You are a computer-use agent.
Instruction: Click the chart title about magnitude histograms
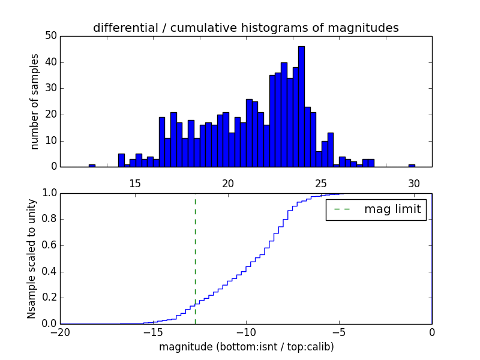coord(245,28)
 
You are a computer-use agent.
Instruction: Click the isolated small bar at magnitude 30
coord(412,166)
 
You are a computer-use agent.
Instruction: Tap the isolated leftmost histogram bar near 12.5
coord(92,166)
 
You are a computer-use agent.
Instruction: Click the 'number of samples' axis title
coord(35,101)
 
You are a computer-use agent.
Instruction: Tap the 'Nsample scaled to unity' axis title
coord(32,258)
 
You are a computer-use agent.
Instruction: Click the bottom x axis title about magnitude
coord(246,347)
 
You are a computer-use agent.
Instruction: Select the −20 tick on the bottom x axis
coord(61,332)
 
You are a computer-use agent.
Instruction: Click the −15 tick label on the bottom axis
coord(152,332)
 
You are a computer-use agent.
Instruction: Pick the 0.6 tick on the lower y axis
coord(49,245)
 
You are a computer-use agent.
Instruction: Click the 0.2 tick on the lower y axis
coord(49,298)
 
